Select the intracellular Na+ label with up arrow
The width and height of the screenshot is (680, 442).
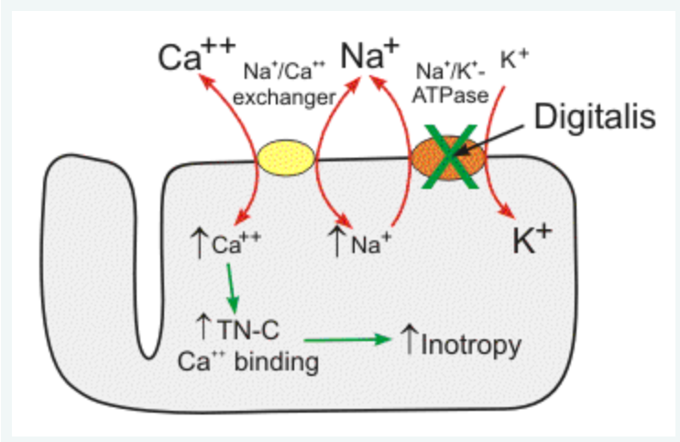(360, 246)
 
